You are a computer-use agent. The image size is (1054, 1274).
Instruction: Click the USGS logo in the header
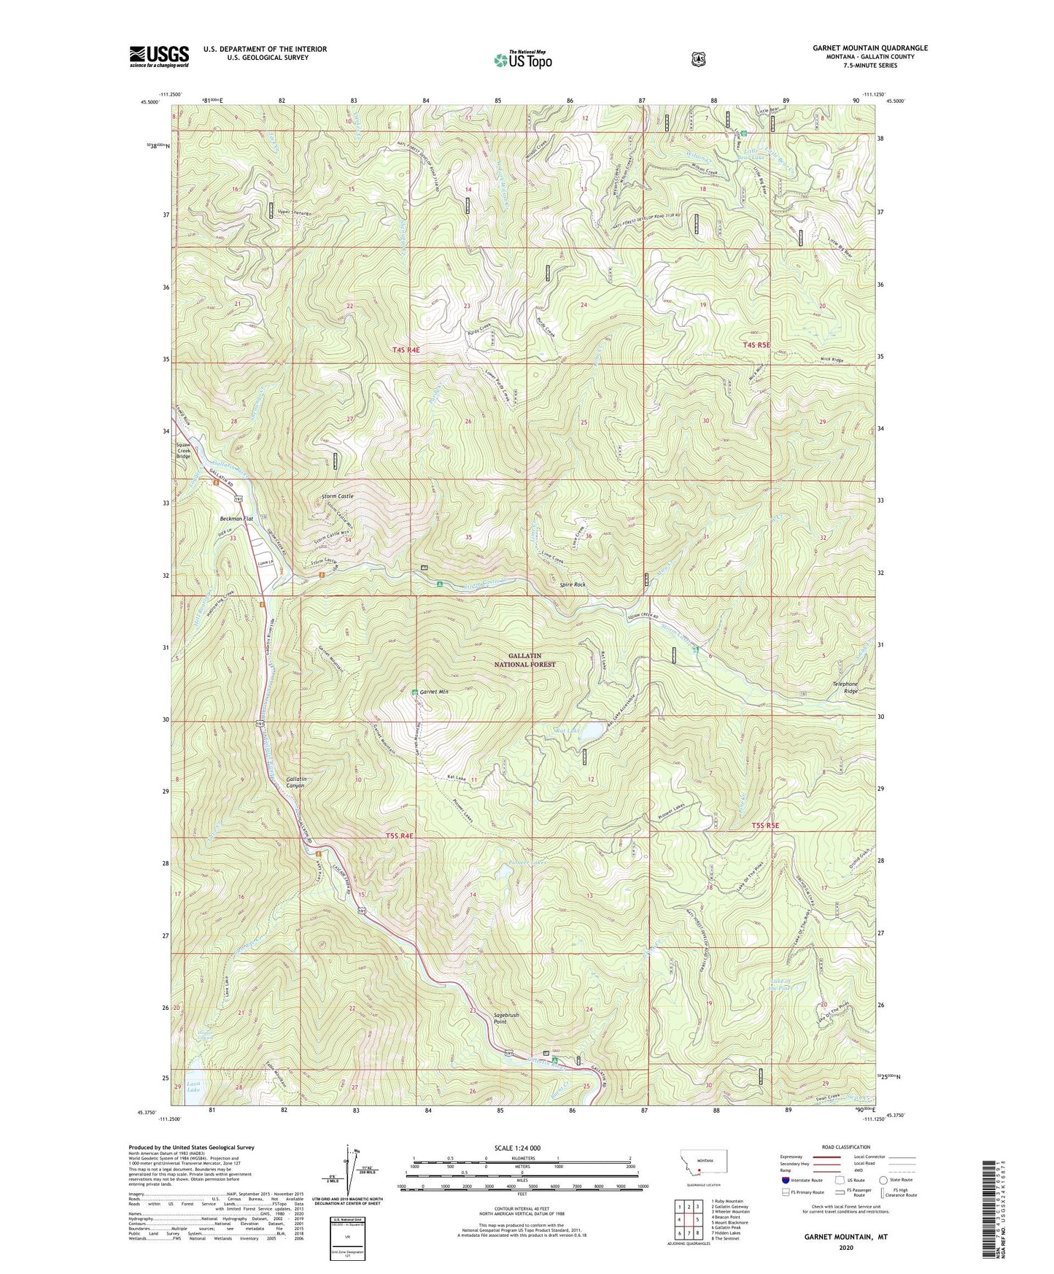coord(159,56)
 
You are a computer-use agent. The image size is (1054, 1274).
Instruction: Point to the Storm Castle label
coord(337,496)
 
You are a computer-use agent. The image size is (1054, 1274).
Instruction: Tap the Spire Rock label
coord(573,584)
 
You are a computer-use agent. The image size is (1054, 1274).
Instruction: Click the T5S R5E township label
coord(765,825)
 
